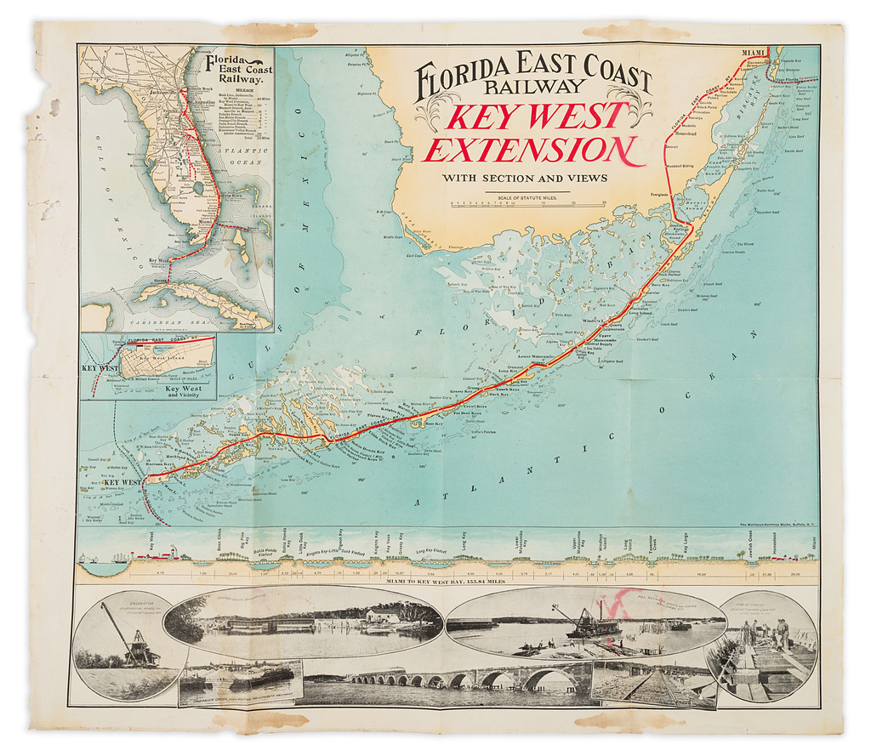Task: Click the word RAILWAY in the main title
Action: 533,86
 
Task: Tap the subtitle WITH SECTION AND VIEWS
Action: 525,178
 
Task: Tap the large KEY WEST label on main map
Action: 121,482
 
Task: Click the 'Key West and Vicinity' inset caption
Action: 183,392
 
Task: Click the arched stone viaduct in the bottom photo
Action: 476,678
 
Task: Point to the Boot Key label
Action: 433,423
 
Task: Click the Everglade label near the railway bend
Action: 660,195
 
